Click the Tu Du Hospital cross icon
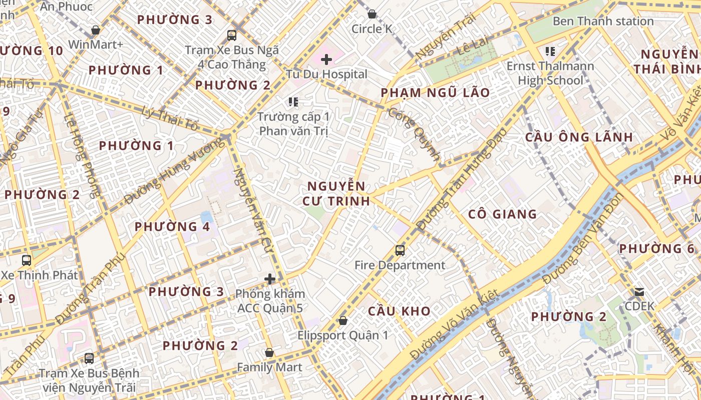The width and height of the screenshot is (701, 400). click(326, 60)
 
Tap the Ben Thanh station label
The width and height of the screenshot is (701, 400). click(603, 21)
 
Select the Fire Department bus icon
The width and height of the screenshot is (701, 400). click(400, 250)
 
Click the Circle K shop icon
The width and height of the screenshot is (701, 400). click(372, 14)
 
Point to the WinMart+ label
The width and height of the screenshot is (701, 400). click(95, 44)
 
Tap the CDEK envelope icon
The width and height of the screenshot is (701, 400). click(639, 291)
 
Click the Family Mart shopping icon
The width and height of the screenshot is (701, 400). click(269, 352)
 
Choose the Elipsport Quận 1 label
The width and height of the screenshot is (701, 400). click(342, 335)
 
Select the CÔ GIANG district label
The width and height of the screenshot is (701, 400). click(502, 214)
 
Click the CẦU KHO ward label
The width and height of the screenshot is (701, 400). click(399, 311)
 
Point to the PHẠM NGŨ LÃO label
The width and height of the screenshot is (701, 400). click(435, 93)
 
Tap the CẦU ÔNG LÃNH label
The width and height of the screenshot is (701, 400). click(579, 137)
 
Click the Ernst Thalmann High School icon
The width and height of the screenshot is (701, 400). click(550, 51)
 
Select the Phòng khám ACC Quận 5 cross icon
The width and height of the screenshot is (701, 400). click(270, 279)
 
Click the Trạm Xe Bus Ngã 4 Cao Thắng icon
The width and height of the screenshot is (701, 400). click(232, 35)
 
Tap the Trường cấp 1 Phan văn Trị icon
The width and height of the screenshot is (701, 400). click(293, 102)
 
